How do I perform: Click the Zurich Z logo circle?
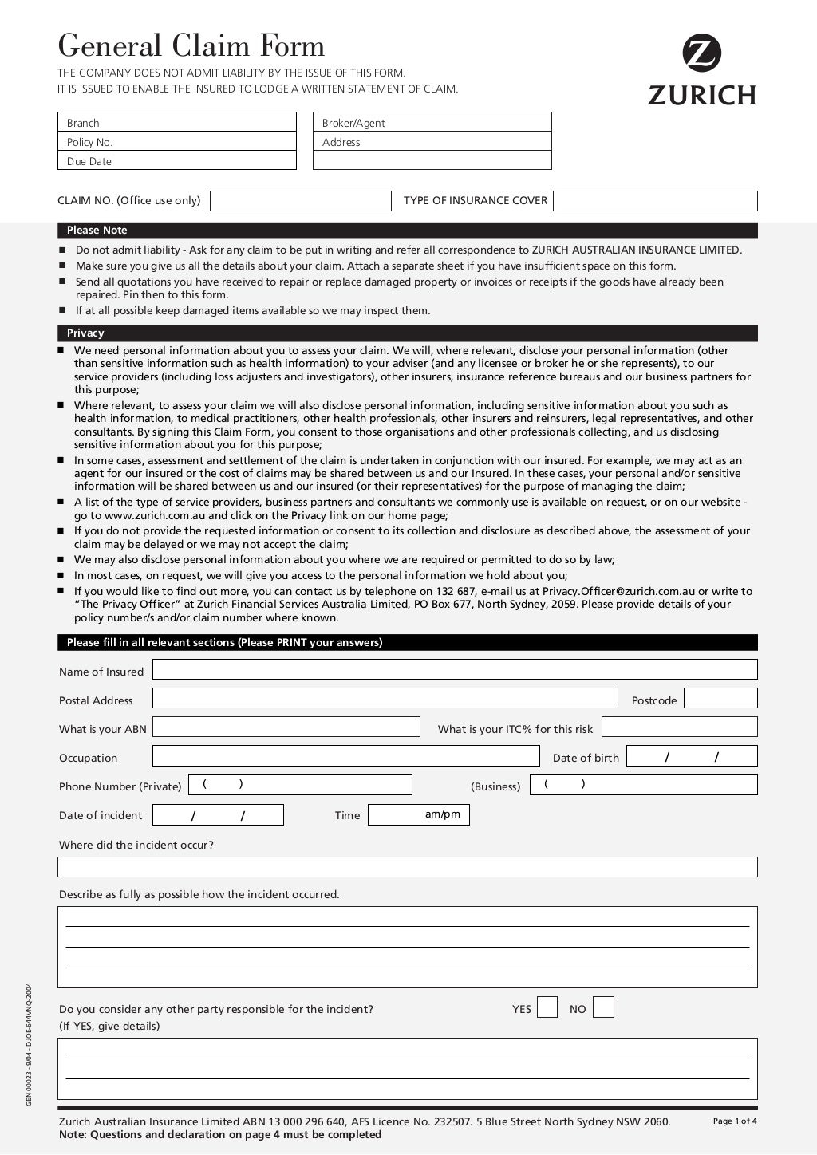[701, 53]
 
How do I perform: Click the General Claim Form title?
[191, 45]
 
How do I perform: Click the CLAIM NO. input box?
[301, 201]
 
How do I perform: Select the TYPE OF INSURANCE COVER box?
[655, 201]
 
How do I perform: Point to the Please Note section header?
[97, 231]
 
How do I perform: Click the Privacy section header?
[85, 333]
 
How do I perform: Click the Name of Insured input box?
[455, 670]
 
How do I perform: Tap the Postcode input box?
[720, 699]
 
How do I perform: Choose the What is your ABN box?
[286, 727]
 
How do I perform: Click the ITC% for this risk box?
[679, 727]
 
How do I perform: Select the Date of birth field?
[692, 756]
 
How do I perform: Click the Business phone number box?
[643, 785]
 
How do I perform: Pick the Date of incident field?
[218, 815]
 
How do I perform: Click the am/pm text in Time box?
[443, 814]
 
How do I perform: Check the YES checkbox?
[547, 1008]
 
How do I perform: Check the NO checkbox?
[604, 1008]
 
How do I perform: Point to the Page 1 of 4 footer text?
[735, 1121]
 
